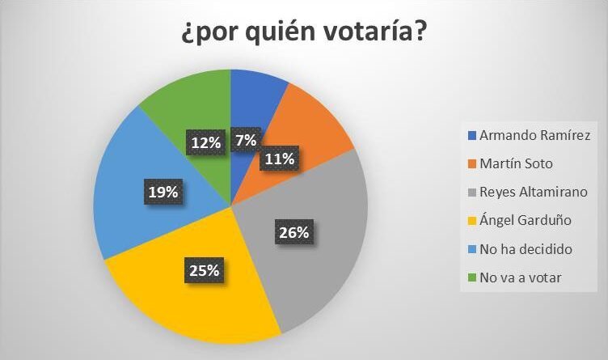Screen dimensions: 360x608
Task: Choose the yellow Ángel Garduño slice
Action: pyautogui.click(x=194, y=299)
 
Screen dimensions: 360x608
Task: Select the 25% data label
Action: pyautogui.click(x=205, y=269)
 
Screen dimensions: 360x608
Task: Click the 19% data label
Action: pyautogui.click(x=163, y=192)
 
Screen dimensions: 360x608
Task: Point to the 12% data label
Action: pyautogui.click(x=206, y=142)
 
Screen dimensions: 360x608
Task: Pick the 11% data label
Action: pyautogui.click(x=279, y=159)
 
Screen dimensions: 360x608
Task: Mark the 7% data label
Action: pyautogui.click(x=246, y=140)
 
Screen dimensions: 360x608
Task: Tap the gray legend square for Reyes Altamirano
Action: pyautogui.click(x=471, y=192)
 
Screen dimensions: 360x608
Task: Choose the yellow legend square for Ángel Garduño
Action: pyautogui.click(x=471, y=220)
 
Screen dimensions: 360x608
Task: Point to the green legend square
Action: pyautogui.click(x=471, y=277)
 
